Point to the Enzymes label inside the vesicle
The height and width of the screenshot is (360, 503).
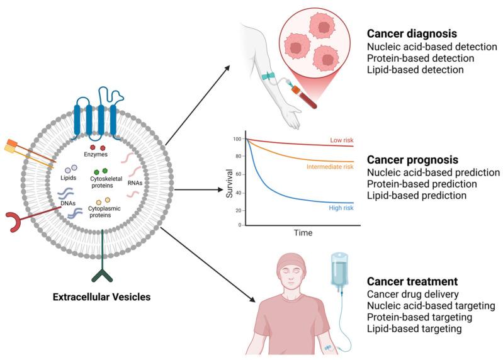coord(96,153)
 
